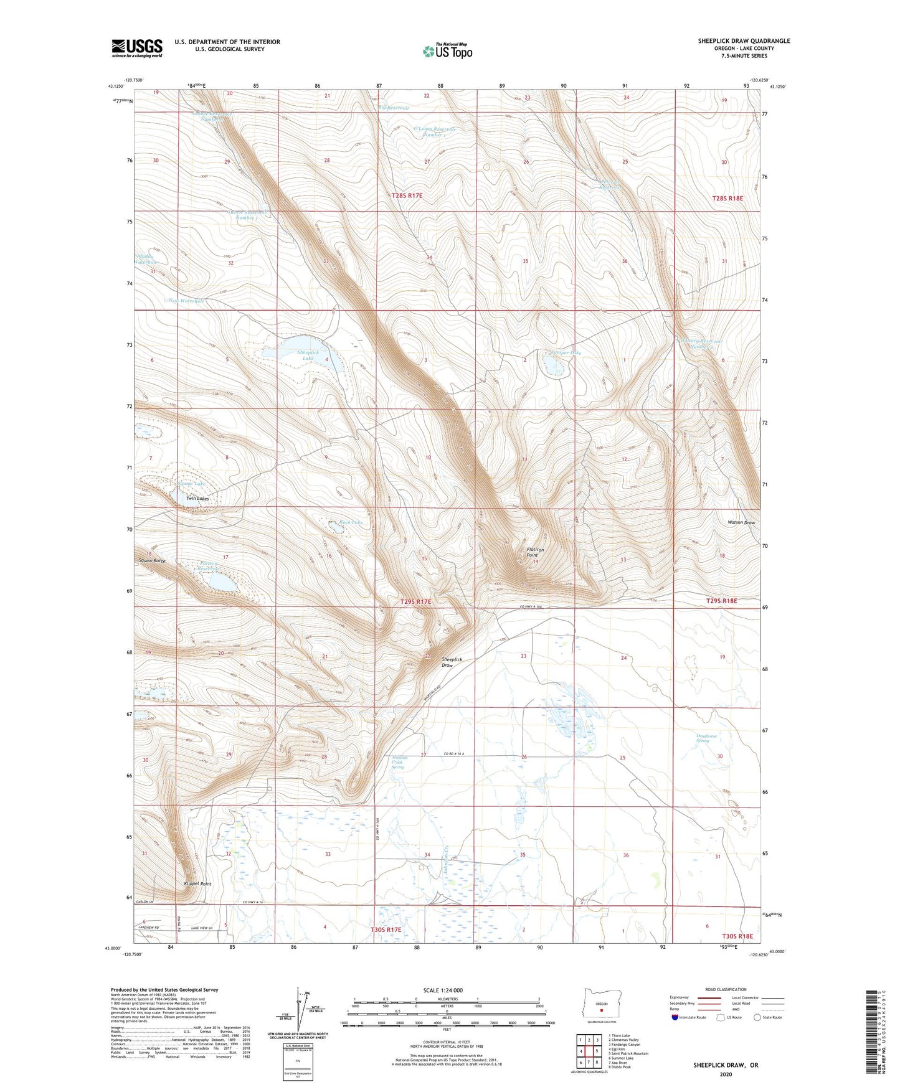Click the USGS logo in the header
coord(137,48)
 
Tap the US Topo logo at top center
coord(447,51)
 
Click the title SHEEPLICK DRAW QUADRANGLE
coord(744,41)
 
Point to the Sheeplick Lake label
coord(308,355)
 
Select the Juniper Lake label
coord(566,352)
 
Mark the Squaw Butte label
coord(152,560)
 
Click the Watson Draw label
coord(741,522)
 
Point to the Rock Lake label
coord(351,522)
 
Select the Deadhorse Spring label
coord(706,738)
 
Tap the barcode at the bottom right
coord(870,1033)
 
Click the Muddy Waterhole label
coord(145,259)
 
